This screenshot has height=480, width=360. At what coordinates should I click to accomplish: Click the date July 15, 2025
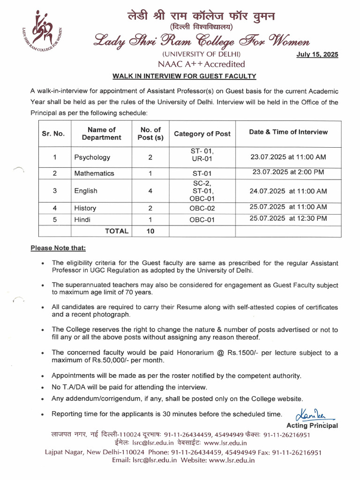pyautogui.click(x=317, y=55)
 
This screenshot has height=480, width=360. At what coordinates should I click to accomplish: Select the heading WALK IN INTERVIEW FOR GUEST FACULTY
pyautogui.click(x=184, y=76)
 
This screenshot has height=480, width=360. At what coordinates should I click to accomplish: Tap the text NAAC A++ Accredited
pyautogui.click(x=201, y=64)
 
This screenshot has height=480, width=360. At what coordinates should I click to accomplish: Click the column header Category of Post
pyautogui.click(x=202, y=134)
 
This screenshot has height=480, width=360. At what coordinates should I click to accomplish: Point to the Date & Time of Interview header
pyautogui.click(x=288, y=132)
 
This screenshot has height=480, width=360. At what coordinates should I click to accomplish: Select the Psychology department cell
pyautogui.click(x=92, y=157)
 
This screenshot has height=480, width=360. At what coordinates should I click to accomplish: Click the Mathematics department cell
pyautogui.click(x=94, y=173)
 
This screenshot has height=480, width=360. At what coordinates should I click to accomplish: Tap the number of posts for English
pyautogui.click(x=150, y=191)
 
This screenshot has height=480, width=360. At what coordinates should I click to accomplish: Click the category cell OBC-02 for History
pyautogui.click(x=202, y=208)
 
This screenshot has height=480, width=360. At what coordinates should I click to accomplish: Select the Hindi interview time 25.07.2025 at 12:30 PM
pyautogui.click(x=288, y=218)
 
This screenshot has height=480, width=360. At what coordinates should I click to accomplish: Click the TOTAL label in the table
pyautogui.click(x=117, y=231)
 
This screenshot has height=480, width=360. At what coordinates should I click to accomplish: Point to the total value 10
pyautogui.click(x=150, y=231)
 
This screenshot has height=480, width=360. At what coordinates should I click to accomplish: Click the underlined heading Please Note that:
pyautogui.click(x=58, y=248)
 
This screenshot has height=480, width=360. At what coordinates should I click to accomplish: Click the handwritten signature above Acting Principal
pyautogui.click(x=310, y=414)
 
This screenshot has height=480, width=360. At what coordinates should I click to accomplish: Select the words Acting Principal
pyautogui.click(x=312, y=426)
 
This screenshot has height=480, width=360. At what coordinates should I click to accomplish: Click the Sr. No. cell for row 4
pyautogui.click(x=54, y=208)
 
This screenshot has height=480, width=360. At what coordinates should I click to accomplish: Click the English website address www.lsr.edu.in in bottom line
pyautogui.click(x=232, y=460)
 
